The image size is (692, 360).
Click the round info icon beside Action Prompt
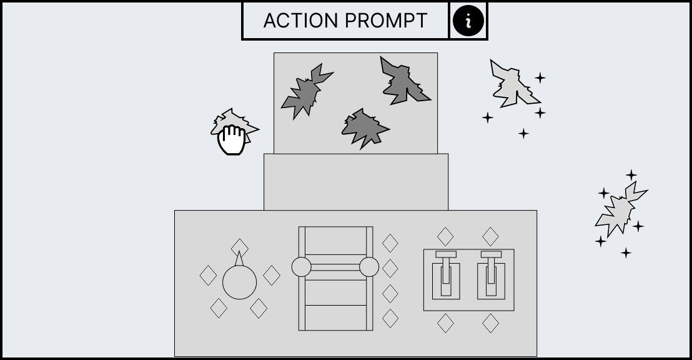coord(468,21)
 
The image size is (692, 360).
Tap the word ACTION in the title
coord(300,21)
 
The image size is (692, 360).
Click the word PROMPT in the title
coord(386,21)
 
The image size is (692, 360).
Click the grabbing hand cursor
coord(232,139)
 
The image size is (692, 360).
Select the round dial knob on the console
coord(239,282)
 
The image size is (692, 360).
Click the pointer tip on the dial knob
coord(239,252)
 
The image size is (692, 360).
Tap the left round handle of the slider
coord(302,267)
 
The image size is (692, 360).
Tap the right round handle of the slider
coord(369,267)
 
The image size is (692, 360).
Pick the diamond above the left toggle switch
coord(445,237)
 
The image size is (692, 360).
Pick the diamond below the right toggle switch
coord(490,323)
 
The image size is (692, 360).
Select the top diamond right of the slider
coord(390,243)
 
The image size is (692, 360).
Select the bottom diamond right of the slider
coord(390,319)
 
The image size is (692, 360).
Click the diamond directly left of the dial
coord(209,275)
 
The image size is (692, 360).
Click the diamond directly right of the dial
coord(272,275)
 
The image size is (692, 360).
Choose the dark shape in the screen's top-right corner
coord(402,82)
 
